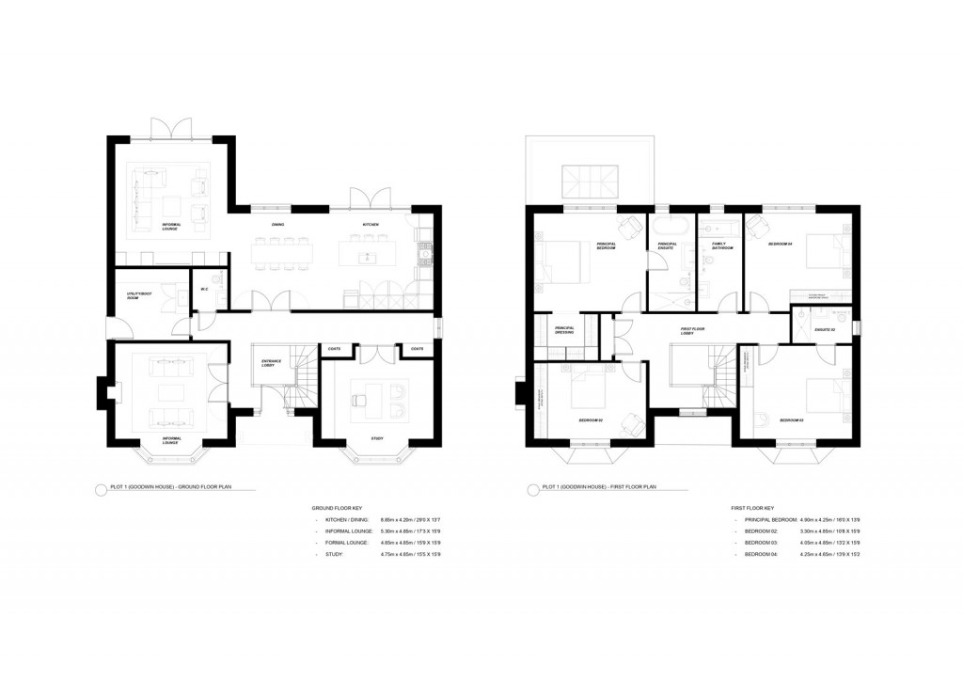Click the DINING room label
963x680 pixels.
(x=277, y=225)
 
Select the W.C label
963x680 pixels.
(x=204, y=289)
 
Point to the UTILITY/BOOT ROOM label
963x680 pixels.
(x=139, y=295)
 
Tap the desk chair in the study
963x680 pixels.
(x=357, y=400)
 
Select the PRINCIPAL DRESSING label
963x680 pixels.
(x=565, y=330)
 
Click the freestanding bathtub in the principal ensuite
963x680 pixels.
(x=670, y=227)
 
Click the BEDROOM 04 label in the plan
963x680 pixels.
(x=781, y=244)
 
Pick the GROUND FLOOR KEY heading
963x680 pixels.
(x=337, y=508)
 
